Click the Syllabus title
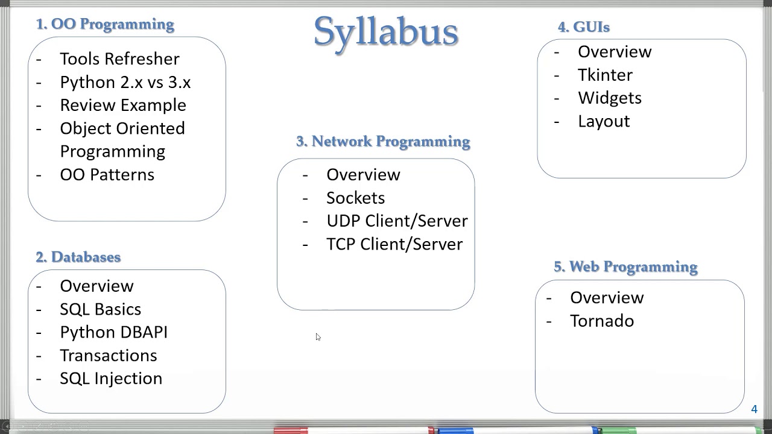coord(386,31)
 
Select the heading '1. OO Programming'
coord(105,24)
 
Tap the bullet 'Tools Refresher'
coord(119,59)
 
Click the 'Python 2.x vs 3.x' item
coord(125,82)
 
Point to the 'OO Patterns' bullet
coord(107,175)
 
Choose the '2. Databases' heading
coord(78,257)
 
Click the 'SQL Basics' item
coord(100,309)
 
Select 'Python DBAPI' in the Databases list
coord(113,332)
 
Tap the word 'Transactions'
coord(108,356)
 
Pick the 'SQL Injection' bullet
coord(111,379)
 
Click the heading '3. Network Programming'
coord(383,141)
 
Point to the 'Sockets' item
coord(355,198)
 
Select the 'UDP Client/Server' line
coord(397,221)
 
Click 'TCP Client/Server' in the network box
coord(394,244)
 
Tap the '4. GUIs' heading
coord(583,27)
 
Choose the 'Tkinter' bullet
coord(605,75)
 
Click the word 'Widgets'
coord(609,98)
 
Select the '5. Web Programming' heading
coord(625,266)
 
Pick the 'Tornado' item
coord(601,321)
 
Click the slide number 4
coord(754,409)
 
